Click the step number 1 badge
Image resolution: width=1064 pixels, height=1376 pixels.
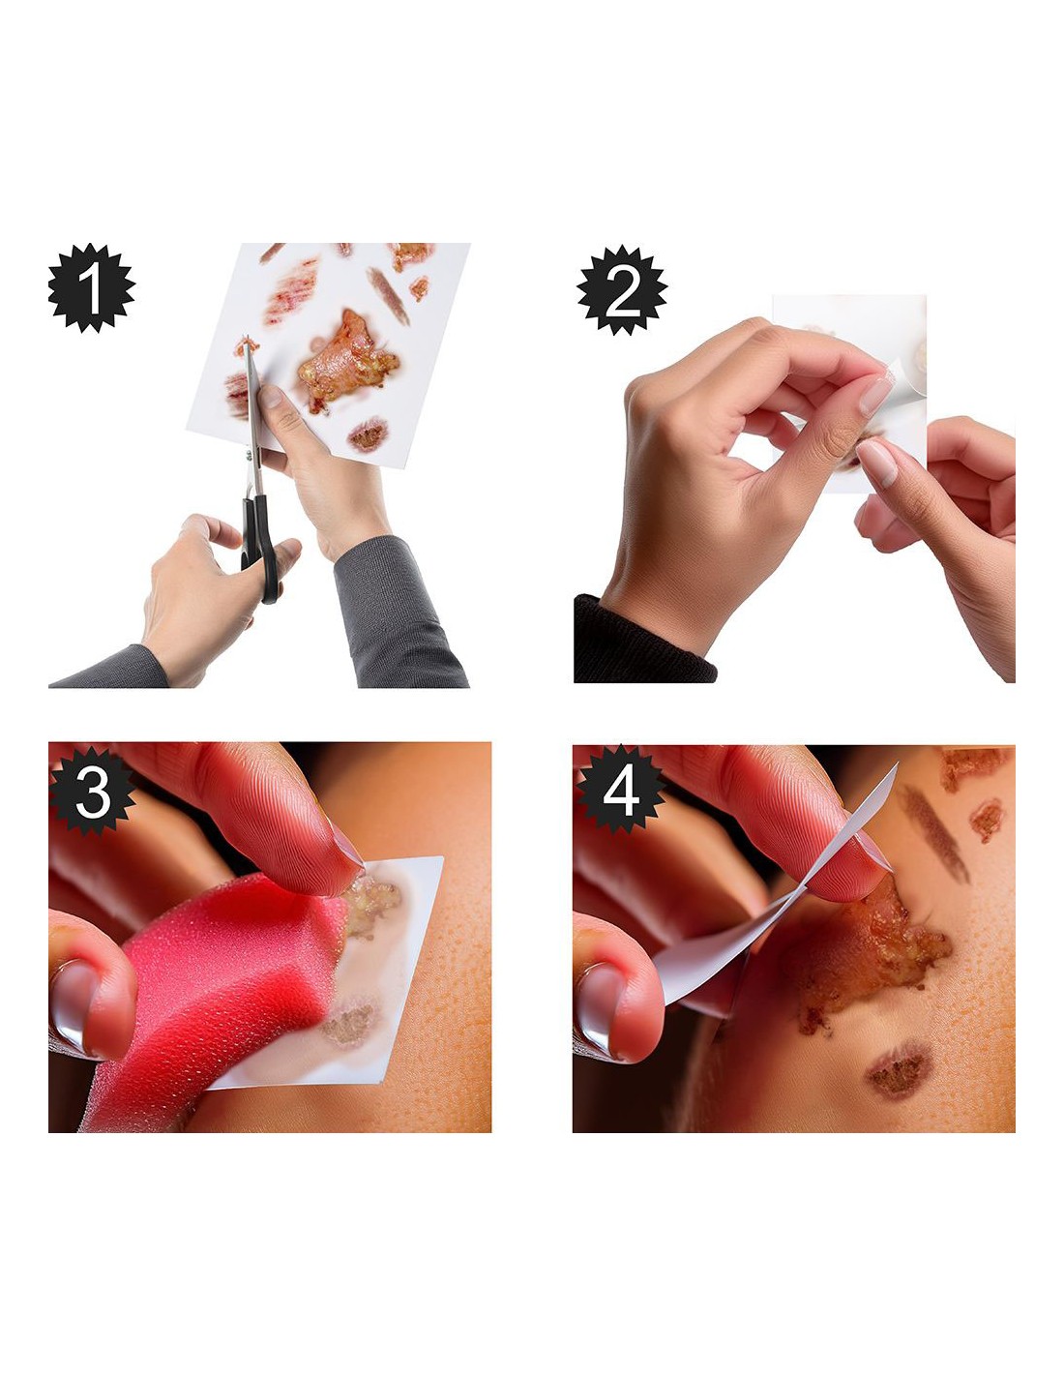(x=91, y=287)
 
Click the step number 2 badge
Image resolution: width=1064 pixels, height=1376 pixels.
(x=622, y=289)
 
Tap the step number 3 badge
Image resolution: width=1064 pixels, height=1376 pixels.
(x=93, y=791)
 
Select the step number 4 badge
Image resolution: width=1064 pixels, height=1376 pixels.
(x=620, y=791)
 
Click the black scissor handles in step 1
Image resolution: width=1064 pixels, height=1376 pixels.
(x=260, y=545)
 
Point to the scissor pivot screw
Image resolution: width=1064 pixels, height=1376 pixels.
(x=250, y=454)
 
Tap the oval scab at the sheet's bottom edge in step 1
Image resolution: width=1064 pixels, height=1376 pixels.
(x=368, y=434)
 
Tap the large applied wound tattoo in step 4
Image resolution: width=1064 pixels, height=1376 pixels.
(x=871, y=950)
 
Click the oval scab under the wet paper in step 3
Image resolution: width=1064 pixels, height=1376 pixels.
(x=348, y=1021)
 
